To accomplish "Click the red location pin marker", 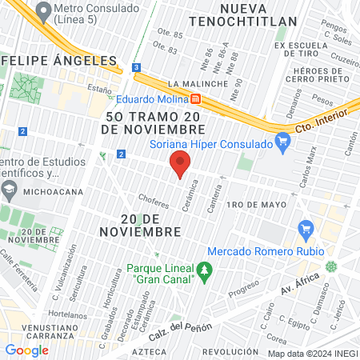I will click(x=180, y=163).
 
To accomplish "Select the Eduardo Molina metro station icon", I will click(x=194, y=99).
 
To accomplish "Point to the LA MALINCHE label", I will click(x=194, y=83).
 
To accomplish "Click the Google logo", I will click(x=26, y=350).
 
